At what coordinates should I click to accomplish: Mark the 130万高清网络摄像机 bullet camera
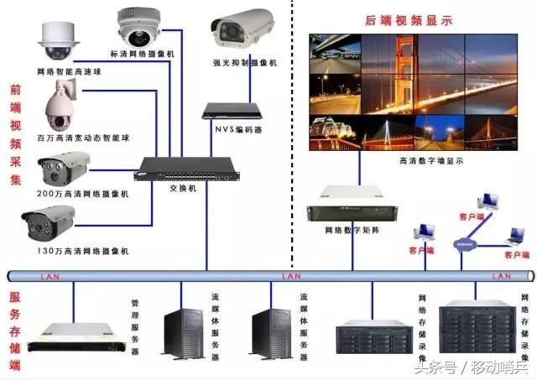50,223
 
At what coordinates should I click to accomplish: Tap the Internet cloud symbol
465,244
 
